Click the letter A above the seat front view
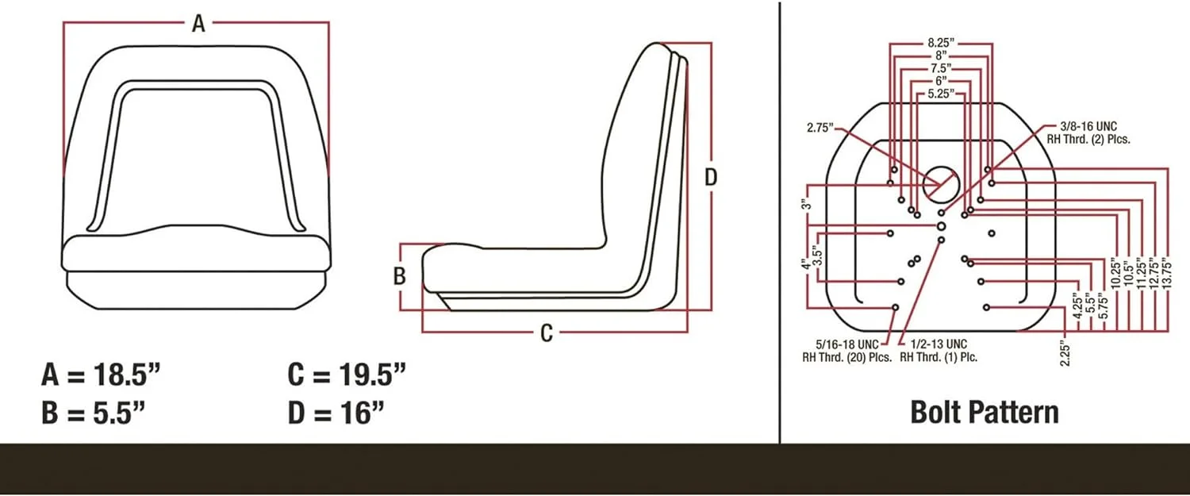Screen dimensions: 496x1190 (x=198, y=24)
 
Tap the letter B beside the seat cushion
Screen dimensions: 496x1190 (x=400, y=277)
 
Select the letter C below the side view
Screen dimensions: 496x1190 (x=546, y=333)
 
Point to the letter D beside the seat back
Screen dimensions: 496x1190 (x=711, y=178)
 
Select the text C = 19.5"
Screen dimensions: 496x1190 (x=347, y=374)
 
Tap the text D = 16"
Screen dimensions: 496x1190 (x=336, y=413)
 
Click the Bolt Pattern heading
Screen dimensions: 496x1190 (x=984, y=413)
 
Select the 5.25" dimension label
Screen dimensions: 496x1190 (x=941, y=94)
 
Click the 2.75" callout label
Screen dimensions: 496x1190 (x=822, y=127)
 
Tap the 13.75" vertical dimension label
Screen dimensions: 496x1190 (x=1165, y=274)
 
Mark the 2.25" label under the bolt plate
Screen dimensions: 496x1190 (x=1065, y=354)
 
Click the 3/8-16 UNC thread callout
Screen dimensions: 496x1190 (x=1095, y=133)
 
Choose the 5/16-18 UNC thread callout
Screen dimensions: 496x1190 (x=846, y=351)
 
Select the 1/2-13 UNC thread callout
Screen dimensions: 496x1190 (x=939, y=351)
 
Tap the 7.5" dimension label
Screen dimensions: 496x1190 (x=941, y=69)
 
